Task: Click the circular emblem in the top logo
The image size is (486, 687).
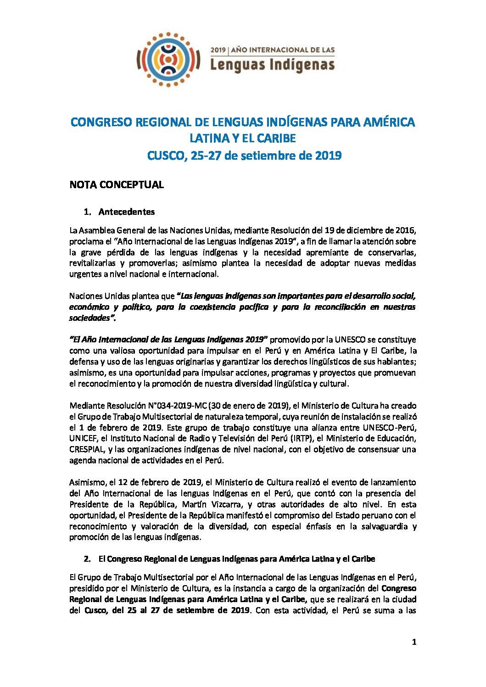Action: [x=168, y=60]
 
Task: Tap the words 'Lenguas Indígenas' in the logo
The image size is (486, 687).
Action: [x=272, y=65]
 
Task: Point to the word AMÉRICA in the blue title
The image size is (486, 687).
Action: [x=389, y=122]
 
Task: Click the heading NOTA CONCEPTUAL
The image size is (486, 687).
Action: [x=117, y=184]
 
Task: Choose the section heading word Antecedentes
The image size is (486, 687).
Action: [x=127, y=212]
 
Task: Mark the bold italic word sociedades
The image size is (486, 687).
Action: [x=90, y=318]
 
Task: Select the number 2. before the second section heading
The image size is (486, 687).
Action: [x=87, y=559]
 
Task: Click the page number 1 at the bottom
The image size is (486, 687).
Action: [x=414, y=642]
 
